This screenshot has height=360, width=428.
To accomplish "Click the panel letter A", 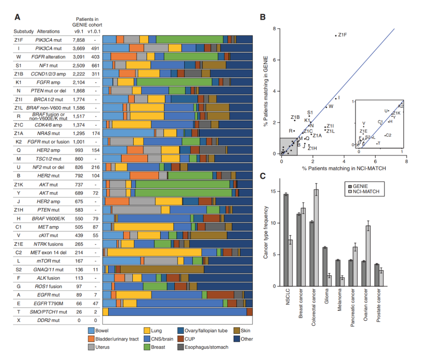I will tap(17, 17).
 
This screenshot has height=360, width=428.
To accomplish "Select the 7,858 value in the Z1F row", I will tap(78, 40).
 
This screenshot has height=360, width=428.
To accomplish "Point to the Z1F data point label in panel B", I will tap(342, 35).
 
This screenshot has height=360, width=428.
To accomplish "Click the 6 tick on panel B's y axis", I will tap(274, 60).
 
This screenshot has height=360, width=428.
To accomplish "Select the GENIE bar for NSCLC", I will tap(286, 240).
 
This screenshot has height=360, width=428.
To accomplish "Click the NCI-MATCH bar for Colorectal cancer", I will tap(316, 238).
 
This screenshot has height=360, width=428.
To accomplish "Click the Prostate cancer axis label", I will tap(378, 309).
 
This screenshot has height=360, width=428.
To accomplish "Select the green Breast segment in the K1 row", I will tap(174, 82).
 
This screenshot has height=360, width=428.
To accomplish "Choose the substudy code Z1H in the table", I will tap(19, 210).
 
